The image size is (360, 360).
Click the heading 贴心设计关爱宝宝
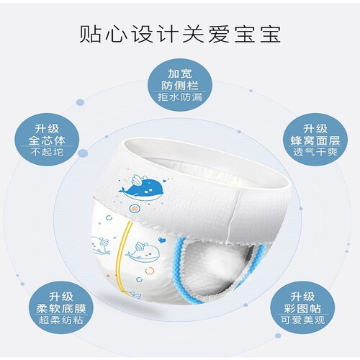(180, 34)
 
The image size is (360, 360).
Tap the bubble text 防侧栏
(180, 85)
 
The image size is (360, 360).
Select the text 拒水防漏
(180, 97)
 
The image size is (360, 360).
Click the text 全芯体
(47, 140)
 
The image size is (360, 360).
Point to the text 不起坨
(47, 152)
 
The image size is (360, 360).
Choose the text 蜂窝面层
(315, 140)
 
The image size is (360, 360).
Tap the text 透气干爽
(315, 152)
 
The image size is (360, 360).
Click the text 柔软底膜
(61, 309)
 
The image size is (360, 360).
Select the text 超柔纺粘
(61, 320)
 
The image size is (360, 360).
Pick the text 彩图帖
(302, 309)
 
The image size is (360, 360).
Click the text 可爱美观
(302, 320)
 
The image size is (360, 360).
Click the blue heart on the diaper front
(161, 240)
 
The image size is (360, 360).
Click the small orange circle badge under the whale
(133, 208)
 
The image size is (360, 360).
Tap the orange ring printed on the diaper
(150, 271)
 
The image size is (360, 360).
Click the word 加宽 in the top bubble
(180, 73)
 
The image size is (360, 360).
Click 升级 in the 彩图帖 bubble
(302, 297)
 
